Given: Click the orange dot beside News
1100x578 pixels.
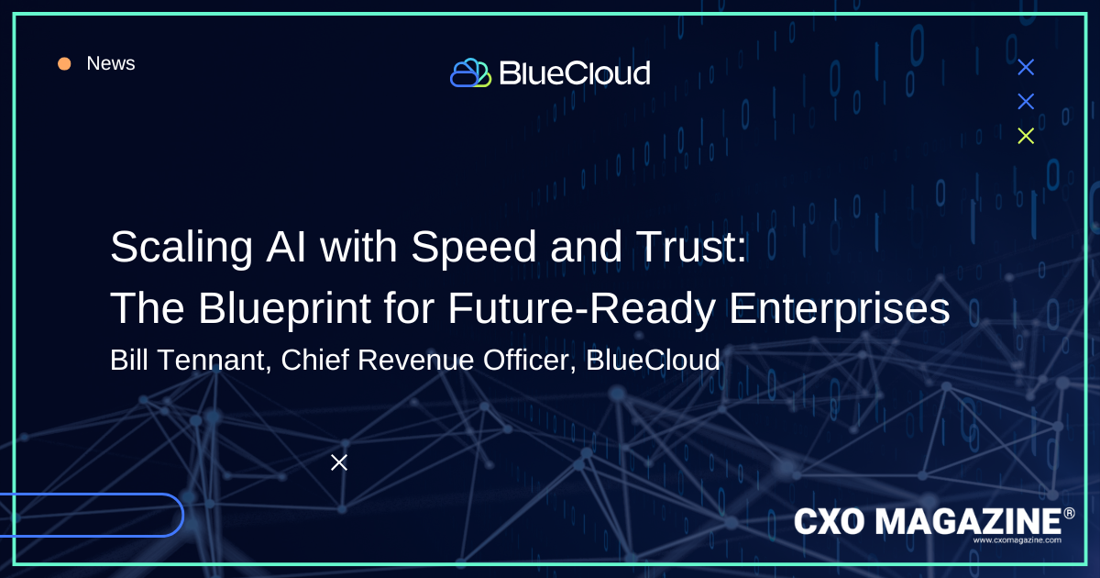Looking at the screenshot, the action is point(64,64).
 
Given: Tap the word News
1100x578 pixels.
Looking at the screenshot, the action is point(111,63).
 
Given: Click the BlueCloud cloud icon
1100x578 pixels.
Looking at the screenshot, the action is point(470,72).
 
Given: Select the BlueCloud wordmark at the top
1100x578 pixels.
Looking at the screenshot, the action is point(575,73).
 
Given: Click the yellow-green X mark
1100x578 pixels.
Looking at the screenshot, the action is point(1026,136).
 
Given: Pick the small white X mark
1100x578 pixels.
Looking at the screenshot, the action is point(339,462).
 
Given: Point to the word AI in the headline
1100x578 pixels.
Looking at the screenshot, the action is point(286,247).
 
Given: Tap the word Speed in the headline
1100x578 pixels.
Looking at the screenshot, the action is point(473,247).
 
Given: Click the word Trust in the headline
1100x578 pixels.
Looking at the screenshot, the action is point(686,247).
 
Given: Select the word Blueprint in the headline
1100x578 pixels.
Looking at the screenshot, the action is point(284,309).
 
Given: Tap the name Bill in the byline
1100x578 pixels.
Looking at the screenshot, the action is point(128,360).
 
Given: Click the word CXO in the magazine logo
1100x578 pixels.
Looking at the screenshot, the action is point(830,521).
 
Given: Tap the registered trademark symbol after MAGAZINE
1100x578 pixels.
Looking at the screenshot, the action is point(1069,514).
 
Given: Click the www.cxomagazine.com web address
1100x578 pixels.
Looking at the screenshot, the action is point(1017,540).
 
